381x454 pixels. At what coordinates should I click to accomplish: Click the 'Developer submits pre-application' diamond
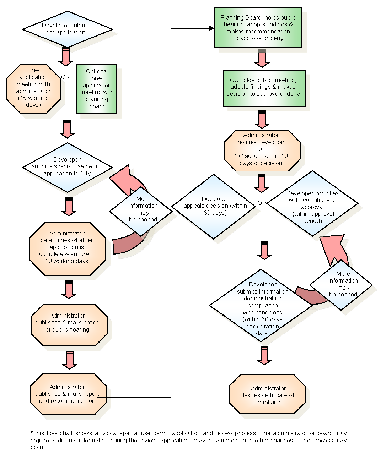pos(67,29)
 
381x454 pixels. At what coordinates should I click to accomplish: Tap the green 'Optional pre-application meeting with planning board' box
pos(96,89)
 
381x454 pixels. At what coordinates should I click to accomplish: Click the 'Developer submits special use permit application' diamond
pos(67,167)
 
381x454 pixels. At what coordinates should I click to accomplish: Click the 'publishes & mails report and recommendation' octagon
pos(68,394)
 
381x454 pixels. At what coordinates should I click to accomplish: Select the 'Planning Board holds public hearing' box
pos(258,28)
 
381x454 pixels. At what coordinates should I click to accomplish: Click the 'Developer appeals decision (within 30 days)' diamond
pos(214,206)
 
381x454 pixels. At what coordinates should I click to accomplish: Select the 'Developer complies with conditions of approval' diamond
pos(312,204)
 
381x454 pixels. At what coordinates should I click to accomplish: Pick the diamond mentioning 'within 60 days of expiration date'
pos(261,306)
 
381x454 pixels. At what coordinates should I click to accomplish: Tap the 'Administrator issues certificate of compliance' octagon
pos(267,394)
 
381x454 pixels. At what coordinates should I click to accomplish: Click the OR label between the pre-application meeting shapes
pos(65,77)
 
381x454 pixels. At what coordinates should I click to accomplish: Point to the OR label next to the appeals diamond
pos(262,203)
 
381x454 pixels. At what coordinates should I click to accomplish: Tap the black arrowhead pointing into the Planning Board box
pos(211,28)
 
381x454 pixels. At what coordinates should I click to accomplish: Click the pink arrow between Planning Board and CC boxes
pos(262,58)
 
